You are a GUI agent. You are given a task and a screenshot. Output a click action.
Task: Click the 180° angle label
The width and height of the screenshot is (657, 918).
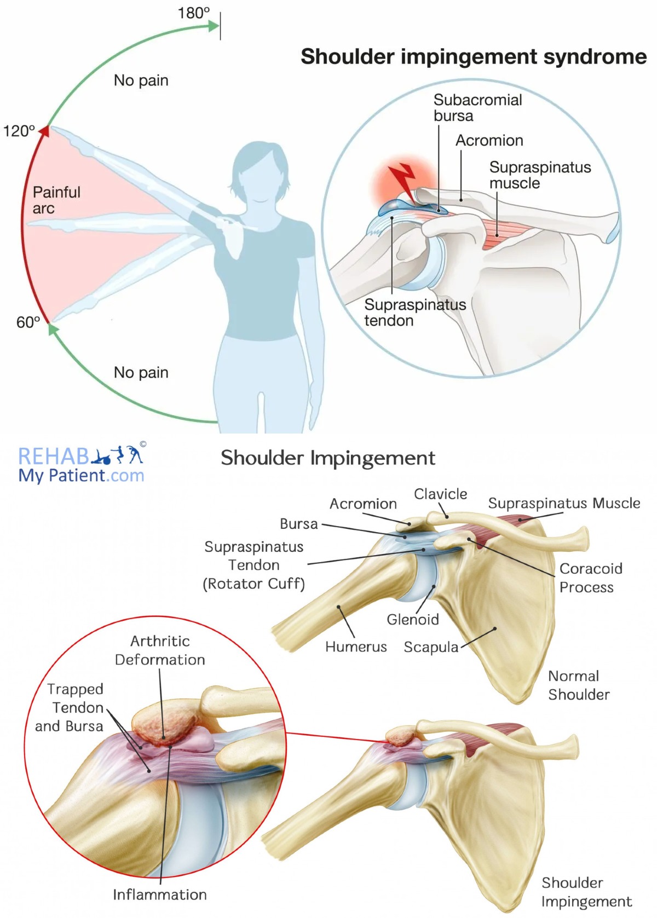pyautogui.click(x=193, y=13)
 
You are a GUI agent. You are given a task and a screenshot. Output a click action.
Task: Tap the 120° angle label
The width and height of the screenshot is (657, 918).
pyautogui.click(x=19, y=131)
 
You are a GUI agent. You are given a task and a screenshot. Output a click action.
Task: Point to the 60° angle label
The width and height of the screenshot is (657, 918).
pyautogui.click(x=28, y=322)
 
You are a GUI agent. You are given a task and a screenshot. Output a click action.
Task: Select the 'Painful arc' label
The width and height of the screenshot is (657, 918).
pyautogui.click(x=56, y=200)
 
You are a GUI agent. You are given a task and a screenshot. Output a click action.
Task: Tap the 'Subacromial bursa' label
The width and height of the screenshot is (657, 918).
pyautogui.click(x=477, y=108)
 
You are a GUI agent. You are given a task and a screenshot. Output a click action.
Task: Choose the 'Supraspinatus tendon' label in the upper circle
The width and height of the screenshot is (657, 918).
pyautogui.click(x=415, y=313)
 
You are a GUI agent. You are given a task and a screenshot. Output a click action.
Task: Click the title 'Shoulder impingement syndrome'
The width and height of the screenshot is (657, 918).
pyautogui.click(x=474, y=57)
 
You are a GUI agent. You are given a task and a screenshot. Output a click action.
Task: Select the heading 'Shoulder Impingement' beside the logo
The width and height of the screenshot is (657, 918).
pyautogui.click(x=328, y=458)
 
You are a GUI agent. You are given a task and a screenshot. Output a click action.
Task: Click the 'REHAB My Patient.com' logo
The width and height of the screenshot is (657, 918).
pyautogui.click(x=82, y=465)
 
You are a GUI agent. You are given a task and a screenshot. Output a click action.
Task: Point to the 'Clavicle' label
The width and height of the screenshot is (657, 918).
pyautogui.click(x=440, y=494)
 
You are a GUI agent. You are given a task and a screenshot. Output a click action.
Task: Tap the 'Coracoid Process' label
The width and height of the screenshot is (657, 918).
pyautogui.click(x=590, y=578)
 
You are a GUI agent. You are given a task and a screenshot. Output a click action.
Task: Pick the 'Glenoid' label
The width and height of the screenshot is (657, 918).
pyautogui.click(x=413, y=620)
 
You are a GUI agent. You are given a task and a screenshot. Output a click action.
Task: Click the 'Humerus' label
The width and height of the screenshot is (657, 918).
pyautogui.click(x=356, y=647)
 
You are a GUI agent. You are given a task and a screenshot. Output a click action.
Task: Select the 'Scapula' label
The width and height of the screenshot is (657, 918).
pyautogui.click(x=431, y=647)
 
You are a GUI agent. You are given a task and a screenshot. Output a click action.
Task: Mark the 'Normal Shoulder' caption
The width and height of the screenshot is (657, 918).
pyautogui.click(x=578, y=685)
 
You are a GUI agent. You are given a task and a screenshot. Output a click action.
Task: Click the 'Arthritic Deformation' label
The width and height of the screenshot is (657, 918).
pyautogui.click(x=160, y=650)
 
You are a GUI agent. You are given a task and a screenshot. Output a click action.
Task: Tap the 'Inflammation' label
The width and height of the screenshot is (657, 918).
pyautogui.click(x=160, y=894)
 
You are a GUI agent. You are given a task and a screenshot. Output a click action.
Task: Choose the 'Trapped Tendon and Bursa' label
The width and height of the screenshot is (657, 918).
pyautogui.click(x=70, y=707)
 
